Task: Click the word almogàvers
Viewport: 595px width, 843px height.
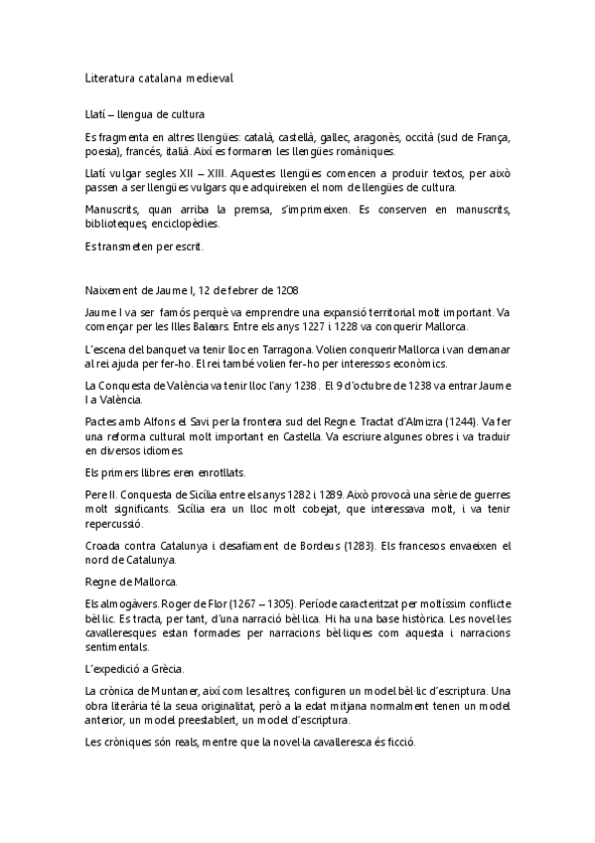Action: (x=123, y=602)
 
